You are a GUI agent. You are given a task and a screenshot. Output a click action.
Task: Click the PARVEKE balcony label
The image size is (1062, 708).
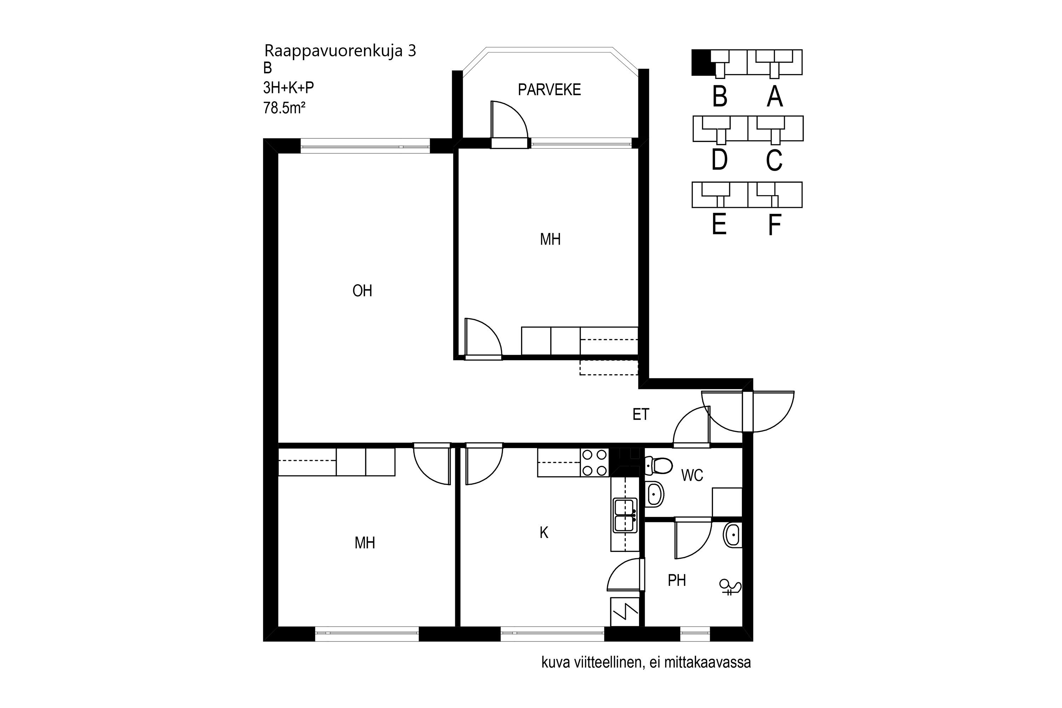tap(549, 90)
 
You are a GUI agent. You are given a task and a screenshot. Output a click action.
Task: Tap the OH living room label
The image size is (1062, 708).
tap(362, 291)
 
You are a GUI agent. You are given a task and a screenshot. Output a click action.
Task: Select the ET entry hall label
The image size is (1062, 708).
tap(641, 414)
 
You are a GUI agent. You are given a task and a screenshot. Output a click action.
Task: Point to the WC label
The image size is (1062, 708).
tap(692, 475)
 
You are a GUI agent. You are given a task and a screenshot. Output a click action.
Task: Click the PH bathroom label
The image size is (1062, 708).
tap(677, 580)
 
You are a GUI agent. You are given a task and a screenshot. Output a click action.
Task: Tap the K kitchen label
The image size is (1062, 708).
tap(544, 533)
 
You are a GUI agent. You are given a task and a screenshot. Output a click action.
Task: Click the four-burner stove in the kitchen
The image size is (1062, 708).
tap(595, 463)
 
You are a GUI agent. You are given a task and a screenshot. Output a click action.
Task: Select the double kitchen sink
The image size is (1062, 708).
tap(626, 515)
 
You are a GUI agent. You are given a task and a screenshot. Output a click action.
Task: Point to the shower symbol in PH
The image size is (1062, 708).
tap(730, 587)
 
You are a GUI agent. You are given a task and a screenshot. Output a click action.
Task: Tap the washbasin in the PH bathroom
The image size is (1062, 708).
tap(732, 536)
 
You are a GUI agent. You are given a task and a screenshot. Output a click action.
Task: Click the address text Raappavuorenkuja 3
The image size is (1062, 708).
tap(340, 51)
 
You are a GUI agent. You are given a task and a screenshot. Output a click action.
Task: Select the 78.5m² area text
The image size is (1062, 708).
tap(285, 108)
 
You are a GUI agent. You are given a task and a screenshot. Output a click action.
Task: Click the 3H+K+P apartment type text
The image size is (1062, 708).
tap(289, 87)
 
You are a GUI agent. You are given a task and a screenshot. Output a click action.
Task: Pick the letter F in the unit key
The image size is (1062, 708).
tap(775, 225)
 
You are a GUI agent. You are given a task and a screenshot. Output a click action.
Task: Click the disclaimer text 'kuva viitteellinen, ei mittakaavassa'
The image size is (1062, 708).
tap(646, 662)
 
